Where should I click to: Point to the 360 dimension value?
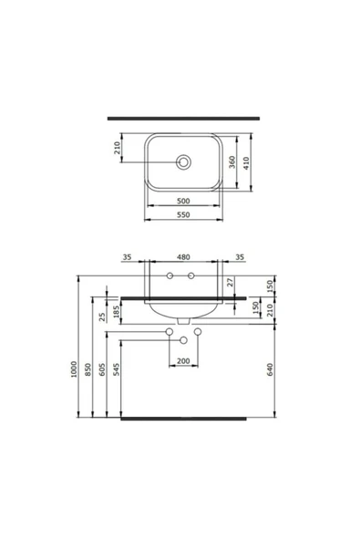coord(233,161)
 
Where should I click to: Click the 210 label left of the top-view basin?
coord(118,149)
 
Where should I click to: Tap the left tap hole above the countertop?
coord(171,277)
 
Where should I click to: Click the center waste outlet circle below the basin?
coord(183,341)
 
